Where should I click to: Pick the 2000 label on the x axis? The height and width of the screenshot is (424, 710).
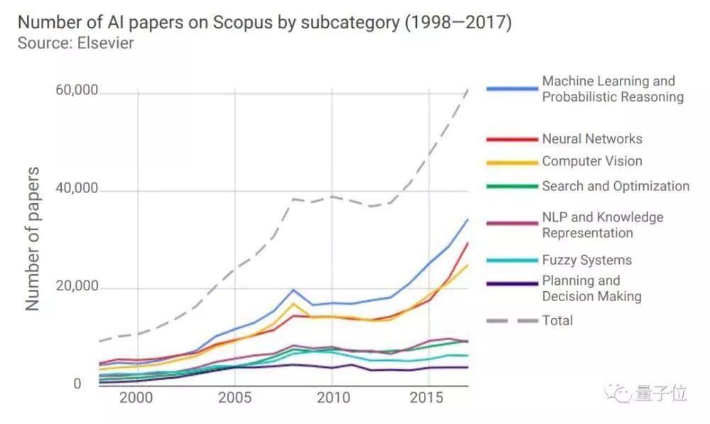136,397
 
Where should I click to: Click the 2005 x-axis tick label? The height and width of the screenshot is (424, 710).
234,397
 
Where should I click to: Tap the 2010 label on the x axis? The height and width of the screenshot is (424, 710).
331,397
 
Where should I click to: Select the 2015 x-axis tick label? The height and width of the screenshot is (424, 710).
428,397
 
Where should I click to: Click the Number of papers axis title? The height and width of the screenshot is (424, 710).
33,239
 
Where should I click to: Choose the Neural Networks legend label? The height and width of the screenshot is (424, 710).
592,139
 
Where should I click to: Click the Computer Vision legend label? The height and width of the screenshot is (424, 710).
592,162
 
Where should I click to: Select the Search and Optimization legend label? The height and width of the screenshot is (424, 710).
616,186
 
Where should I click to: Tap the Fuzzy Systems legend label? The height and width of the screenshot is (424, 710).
586,260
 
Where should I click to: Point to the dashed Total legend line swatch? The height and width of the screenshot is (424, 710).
511,321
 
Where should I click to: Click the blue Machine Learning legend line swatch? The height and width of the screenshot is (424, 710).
511,89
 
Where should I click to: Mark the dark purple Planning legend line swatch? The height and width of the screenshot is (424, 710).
511,284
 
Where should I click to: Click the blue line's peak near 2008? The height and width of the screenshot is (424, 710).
293,290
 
